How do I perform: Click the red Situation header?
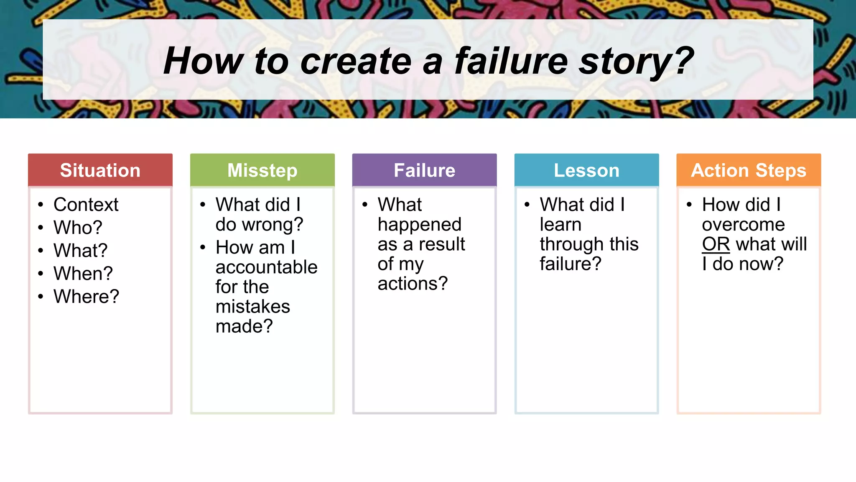(x=100, y=170)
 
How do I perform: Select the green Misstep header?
(x=262, y=170)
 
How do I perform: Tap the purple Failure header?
(x=424, y=170)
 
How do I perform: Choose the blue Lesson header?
(x=586, y=170)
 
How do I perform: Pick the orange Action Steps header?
(x=749, y=170)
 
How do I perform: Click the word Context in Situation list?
(x=86, y=205)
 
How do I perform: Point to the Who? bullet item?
(x=78, y=228)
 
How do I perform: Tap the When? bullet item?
(x=83, y=274)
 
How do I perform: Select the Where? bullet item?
(x=86, y=297)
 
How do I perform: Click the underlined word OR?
(x=716, y=244)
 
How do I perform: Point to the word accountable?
(x=266, y=267)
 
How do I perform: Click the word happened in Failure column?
(x=419, y=225)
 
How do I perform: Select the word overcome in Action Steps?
(x=743, y=225)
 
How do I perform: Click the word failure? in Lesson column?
(x=570, y=264)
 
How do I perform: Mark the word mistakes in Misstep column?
(x=252, y=307)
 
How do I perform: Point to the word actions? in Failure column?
(x=413, y=284)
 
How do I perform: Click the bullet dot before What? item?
(x=41, y=251)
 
